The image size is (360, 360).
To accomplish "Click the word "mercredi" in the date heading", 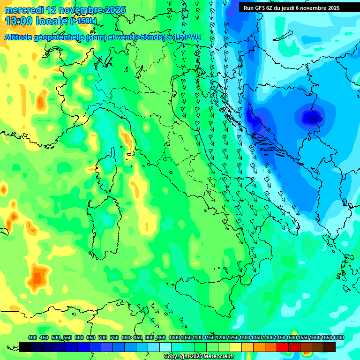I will tap(23, 10).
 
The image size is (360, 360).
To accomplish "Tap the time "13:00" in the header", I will tap(18, 21).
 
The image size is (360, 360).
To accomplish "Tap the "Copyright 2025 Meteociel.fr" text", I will tap(199, 357).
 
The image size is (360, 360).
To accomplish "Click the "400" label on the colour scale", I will tap(32, 337).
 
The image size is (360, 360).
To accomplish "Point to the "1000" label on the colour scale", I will tap(174, 337).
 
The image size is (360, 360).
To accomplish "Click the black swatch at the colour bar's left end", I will tap(25, 347).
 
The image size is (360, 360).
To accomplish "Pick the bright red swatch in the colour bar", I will tap(283, 347).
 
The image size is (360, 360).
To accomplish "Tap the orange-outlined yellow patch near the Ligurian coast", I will tap(126, 136).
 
